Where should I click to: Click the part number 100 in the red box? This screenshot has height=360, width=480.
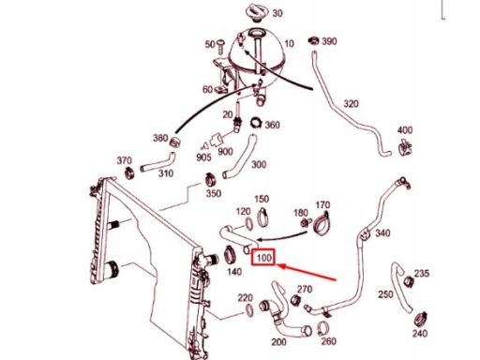[x=263, y=258]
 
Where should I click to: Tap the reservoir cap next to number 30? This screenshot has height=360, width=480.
[x=258, y=12]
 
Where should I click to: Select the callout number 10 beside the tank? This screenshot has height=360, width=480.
[x=289, y=43]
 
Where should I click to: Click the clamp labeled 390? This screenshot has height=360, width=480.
[x=313, y=41]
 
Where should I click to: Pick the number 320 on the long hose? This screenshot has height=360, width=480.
[x=351, y=104]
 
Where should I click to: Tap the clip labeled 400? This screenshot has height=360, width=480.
[x=405, y=146]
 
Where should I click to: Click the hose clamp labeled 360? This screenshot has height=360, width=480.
[x=257, y=122]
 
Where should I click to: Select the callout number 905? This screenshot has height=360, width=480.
[x=203, y=157]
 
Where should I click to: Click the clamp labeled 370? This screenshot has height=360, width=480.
[x=128, y=172]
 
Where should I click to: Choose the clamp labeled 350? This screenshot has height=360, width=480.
[x=211, y=180]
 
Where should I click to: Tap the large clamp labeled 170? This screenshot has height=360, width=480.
[x=322, y=223]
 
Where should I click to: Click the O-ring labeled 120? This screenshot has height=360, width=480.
[x=248, y=224]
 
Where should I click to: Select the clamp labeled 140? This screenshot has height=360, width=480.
[x=231, y=255]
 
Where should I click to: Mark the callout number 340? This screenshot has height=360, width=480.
[x=382, y=233]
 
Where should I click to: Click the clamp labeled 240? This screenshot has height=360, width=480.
[x=420, y=319]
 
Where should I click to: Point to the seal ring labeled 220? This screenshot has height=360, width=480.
[x=249, y=310]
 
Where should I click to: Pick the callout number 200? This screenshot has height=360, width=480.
[x=278, y=342]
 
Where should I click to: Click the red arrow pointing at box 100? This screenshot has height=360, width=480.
[x=307, y=272]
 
